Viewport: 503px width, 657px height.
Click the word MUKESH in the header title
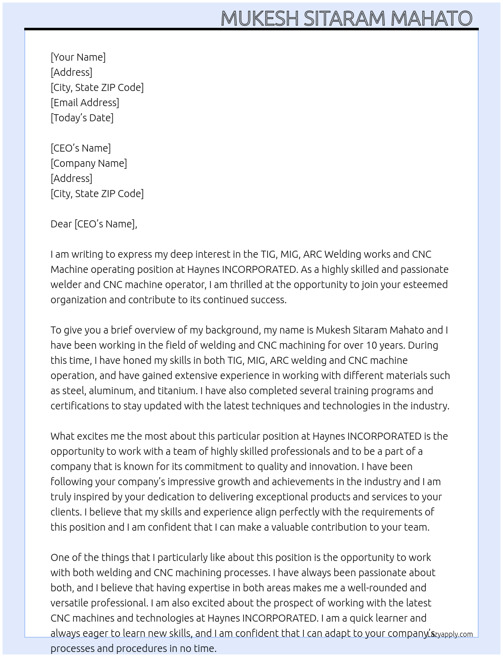tap(260, 19)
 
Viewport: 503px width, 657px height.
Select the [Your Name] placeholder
tap(78, 57)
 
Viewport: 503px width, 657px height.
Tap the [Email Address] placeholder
tap(85, 103)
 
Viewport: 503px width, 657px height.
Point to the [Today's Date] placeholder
tap(82, 118)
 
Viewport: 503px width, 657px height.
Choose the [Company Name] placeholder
tap(89, 163)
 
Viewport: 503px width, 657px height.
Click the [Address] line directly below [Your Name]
tap(71, 72)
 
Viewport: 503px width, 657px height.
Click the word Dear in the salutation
tap(61, 224)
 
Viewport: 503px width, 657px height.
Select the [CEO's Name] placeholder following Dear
tap(105, 224)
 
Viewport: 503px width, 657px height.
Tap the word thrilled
tap(243, 285)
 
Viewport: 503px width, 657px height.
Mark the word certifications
tap(79, 406)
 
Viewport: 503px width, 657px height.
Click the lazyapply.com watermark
tap(450, 634)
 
